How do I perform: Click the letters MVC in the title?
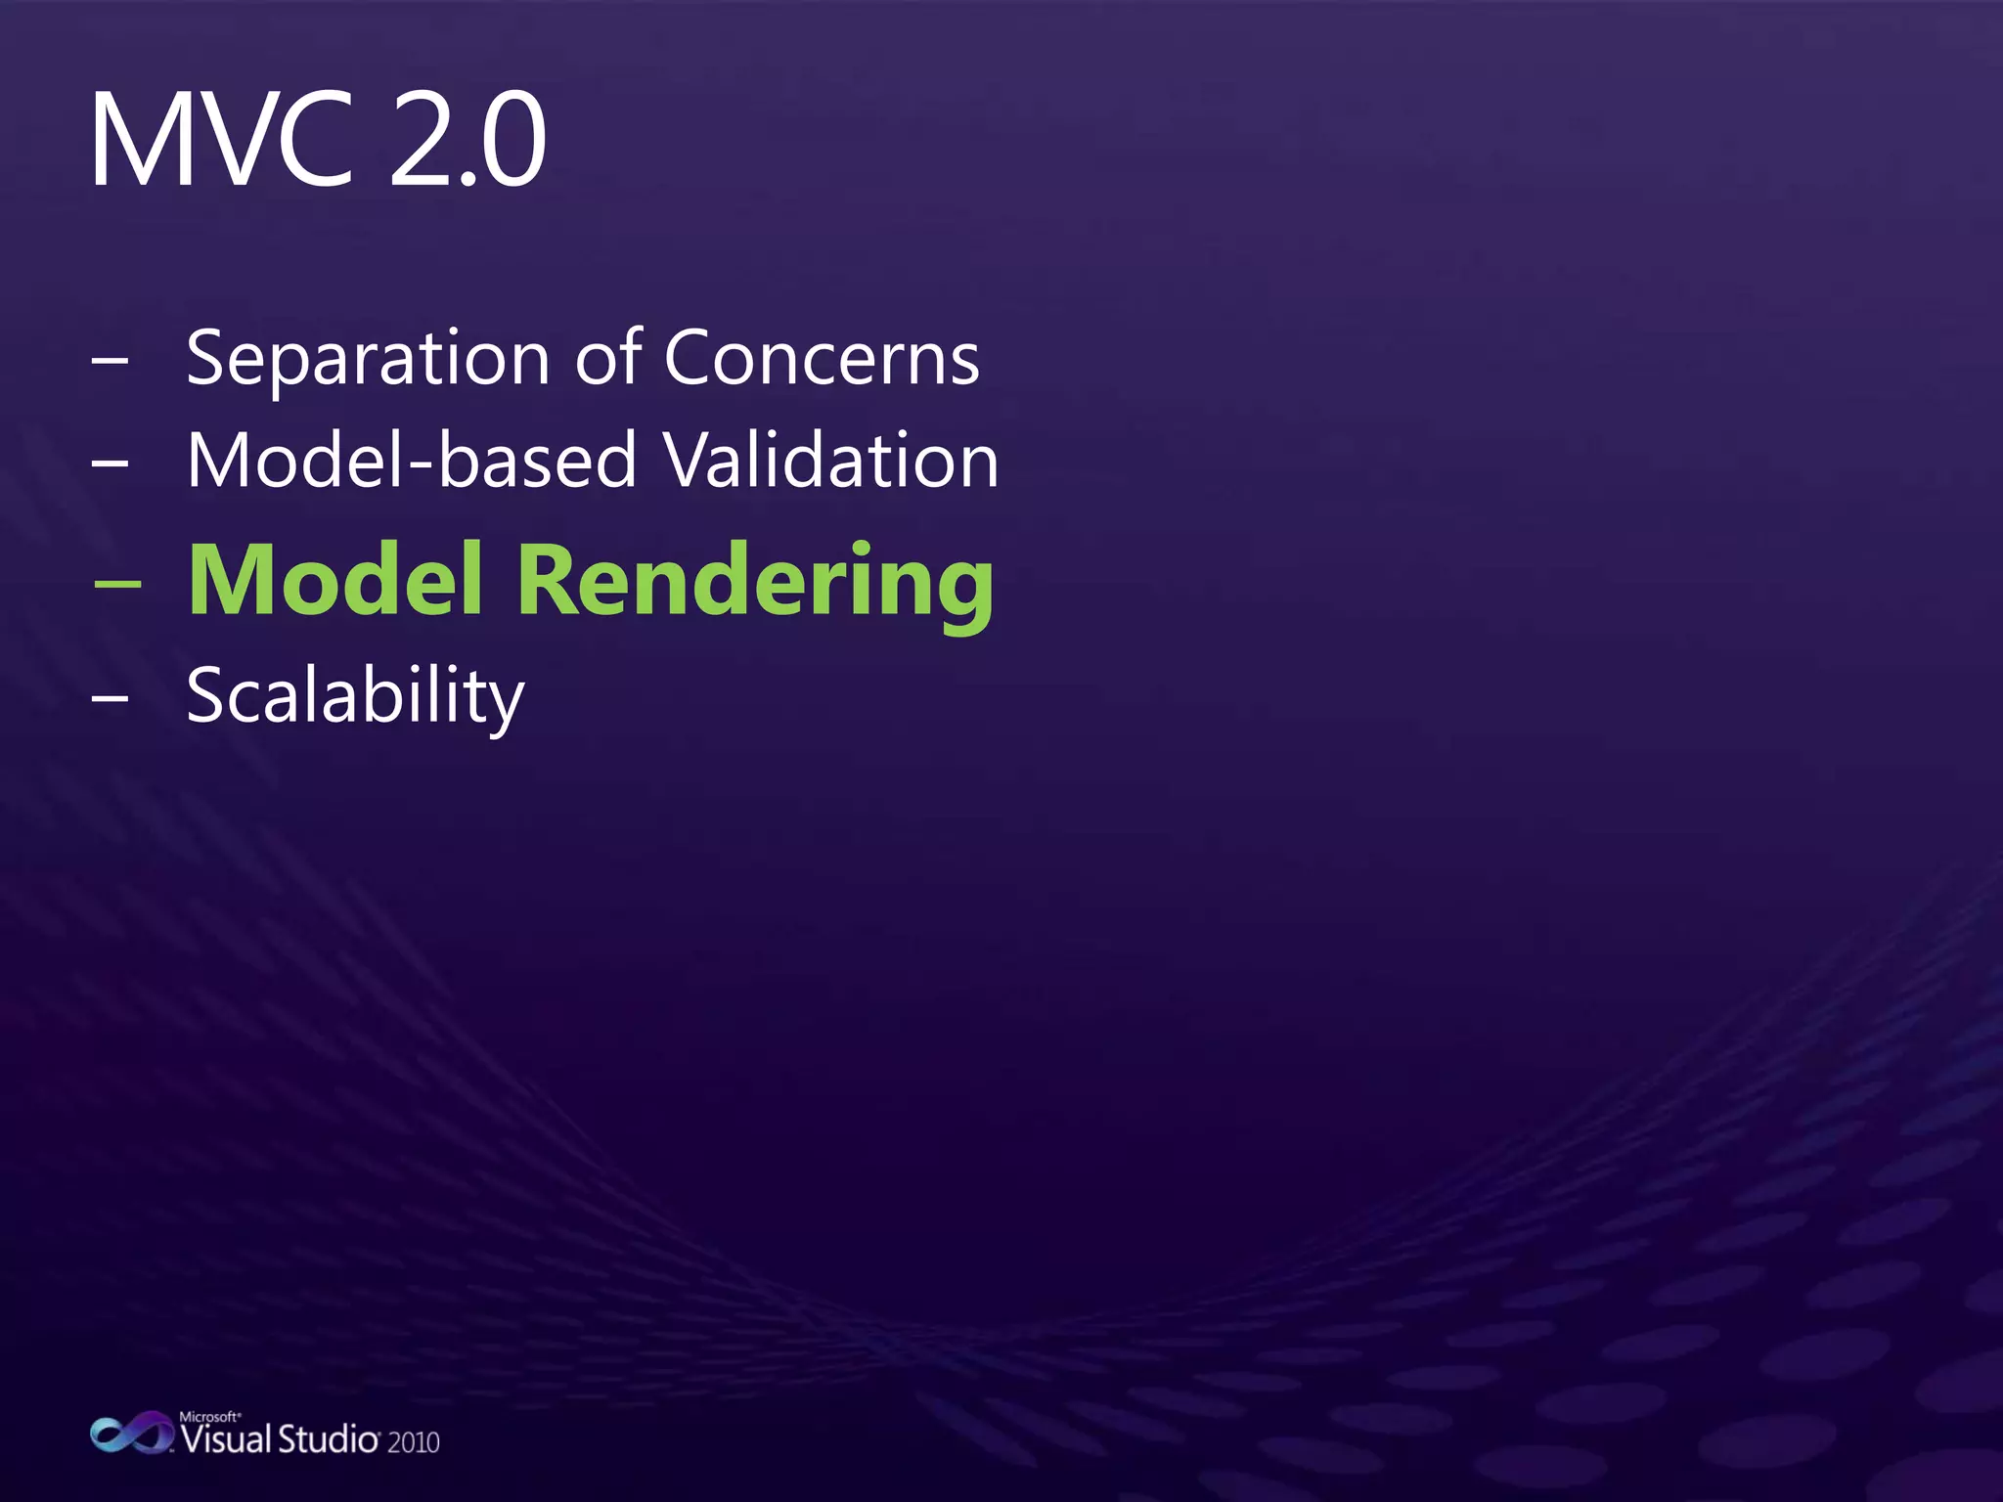[x=220, y=139]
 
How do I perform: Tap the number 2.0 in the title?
[x=467, y=139]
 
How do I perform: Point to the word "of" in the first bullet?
[x=608, y=358]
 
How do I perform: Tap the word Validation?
[x=831, y=460]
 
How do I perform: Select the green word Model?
[x=335, y=580]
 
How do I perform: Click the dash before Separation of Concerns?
[x=110, y=360]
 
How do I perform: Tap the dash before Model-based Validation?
[x=110, y=462]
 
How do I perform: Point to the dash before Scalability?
[x=110, y=698]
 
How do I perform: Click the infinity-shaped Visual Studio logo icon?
[x=131, y=1434]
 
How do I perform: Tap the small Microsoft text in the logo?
[x=209, y=1416]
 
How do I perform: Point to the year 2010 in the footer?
[x=413, y=1442]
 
